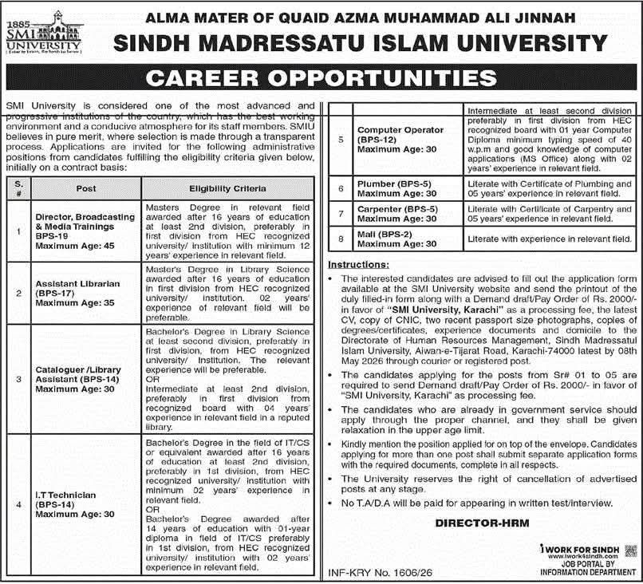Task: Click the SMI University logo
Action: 32,33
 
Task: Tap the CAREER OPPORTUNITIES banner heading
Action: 321,77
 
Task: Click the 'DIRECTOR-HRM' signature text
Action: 471,523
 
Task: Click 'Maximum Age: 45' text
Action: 75,246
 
